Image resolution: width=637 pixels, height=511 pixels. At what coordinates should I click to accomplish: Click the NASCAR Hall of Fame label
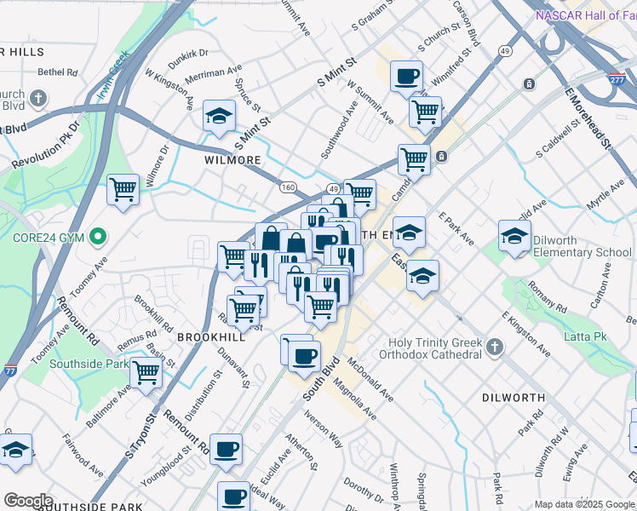(x=585, y=15)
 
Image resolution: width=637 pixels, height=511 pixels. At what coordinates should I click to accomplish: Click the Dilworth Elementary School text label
(x=582, y=246)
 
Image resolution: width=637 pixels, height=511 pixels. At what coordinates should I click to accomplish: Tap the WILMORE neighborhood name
(x=232, y=160)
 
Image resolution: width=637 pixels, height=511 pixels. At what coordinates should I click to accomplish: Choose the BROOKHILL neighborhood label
(x=211, y=337)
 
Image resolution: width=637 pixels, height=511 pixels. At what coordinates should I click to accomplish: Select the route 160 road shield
(x=288, y=187)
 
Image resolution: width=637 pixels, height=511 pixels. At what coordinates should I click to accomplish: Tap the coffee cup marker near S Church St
(x=407, y=77)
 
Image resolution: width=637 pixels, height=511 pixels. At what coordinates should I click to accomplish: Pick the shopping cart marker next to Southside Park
(x=146, y=371)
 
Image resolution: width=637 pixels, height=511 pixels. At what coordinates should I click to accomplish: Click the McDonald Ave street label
(x=370, y=381)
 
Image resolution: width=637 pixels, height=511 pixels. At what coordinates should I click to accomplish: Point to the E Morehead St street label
(x=588, y=118)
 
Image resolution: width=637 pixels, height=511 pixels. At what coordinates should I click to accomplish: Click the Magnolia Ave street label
(x=357, y=399)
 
